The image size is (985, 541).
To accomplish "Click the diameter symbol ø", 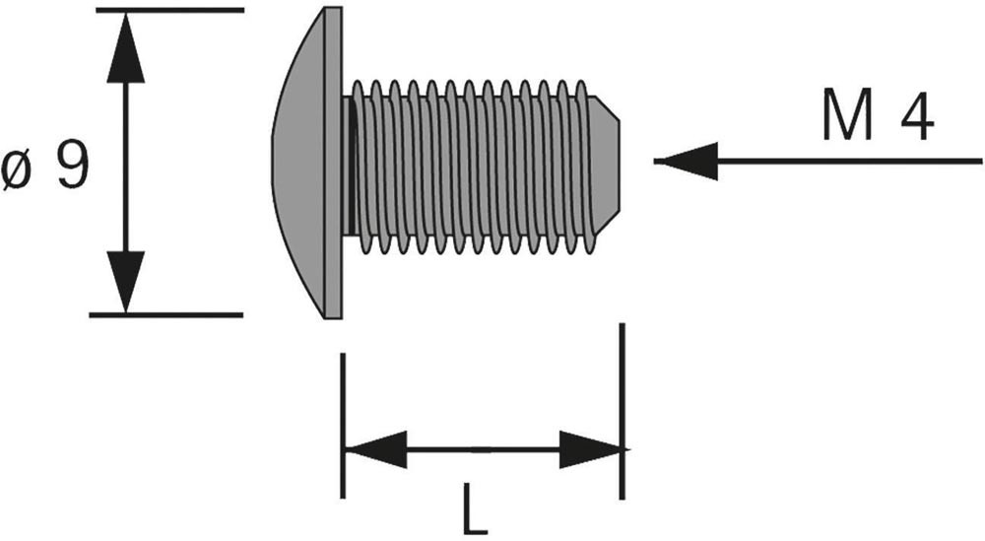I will tap(20, 172).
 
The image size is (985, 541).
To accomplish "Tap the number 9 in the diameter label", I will tap(72, 168).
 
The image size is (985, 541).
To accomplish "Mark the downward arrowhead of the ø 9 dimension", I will tap(125, 281).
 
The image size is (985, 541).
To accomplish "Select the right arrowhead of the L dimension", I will tap(591, 449).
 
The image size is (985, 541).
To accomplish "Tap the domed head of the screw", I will tap(300, 163).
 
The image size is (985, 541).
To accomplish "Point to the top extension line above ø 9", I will tap(167, 10).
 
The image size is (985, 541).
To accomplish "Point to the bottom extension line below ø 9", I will tap(167, 314).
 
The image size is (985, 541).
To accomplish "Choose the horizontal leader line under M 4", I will tap(847, 160).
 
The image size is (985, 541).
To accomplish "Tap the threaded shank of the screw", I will tap(473, 163).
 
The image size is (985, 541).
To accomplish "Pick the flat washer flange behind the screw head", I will tap(333, 163).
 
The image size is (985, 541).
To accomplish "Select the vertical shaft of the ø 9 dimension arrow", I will tap(125, 163).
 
